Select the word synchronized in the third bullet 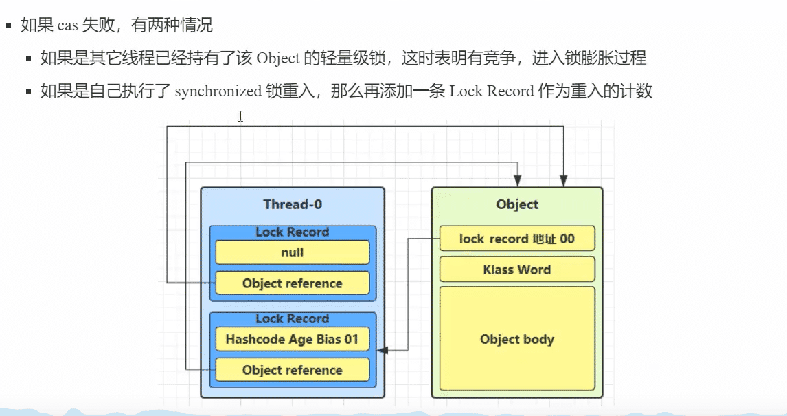218,91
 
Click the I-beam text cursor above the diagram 240,116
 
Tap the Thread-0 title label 293,204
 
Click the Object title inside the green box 517,204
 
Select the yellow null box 293,252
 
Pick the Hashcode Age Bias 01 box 293,339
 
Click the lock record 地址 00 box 517,239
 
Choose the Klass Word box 517,270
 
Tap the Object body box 517,339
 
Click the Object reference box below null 293,283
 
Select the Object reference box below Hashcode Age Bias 293,370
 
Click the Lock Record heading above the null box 293,232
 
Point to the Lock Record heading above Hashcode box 293,319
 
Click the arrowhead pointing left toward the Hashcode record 383,350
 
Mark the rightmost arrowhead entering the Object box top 563,181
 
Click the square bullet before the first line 10,26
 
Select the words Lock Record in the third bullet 492,91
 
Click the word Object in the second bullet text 278,58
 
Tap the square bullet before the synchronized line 29,91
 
